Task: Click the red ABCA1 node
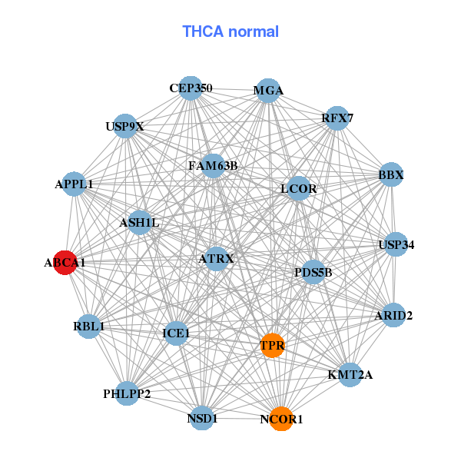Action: pyautogui.click(x=65, y=262)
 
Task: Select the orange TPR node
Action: pyautogui.click(x=271, y=346)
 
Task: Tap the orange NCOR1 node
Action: pyautogui.click(x=282, y=419)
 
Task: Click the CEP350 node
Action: pyautogui.click(x=191, y=88)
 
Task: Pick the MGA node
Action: pyautogui.click(x=267, y=91)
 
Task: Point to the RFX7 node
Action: pyautogui.click(x=337, y=118)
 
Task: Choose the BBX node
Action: pyautogui.click(x=391, y=174)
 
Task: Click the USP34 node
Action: pyautogui.click(x=396, y=245)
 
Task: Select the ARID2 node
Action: pyautogui.click(x=393, y=315)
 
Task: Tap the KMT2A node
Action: pyautogui.click(x=350, y=375)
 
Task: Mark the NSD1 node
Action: pyautogui.click(x=202, y=417)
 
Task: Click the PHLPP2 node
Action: pyautogui.click(x=127, y=393)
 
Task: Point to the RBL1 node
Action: pyautogui.click(x=88, y=326)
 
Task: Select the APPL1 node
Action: pyautogui.click(x=74, y=184)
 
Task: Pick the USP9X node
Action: pyautogui.click(x=125, y=125)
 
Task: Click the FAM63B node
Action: pyautogui.click(x=213, y=164)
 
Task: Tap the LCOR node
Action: pyautogui.click(x=298, y=188)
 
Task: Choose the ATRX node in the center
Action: pyautogui.click(x=216, y=258)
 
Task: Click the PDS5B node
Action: pyautogui.click(x=313, y=272)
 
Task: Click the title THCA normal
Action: pyautogui.click(x=230, y=32)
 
